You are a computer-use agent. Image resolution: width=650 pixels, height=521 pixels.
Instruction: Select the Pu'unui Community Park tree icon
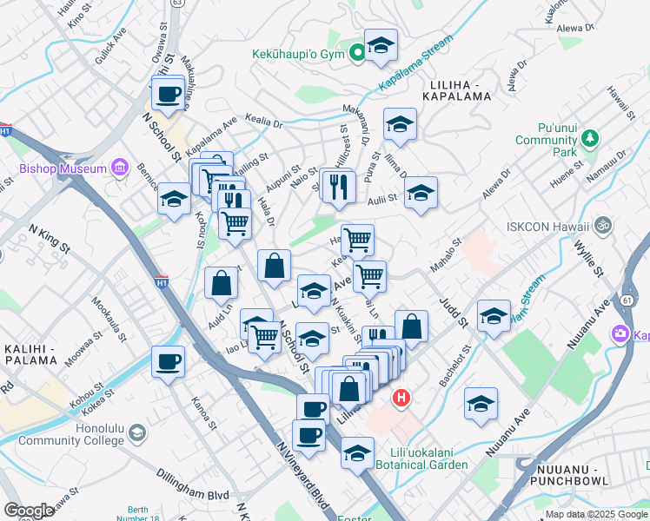[x=591, y=137]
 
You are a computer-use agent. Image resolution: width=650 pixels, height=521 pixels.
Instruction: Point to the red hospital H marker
[x=401, y=399]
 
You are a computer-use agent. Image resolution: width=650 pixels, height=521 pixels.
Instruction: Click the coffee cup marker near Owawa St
[x=169, y=94]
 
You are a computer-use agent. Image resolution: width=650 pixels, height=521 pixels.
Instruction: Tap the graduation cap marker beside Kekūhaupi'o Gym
[x=381, y=47]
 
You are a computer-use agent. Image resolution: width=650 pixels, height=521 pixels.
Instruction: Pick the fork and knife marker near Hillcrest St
[x=338, y=186]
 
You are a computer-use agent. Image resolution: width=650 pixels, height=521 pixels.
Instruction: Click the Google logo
[x=30, y=511]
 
